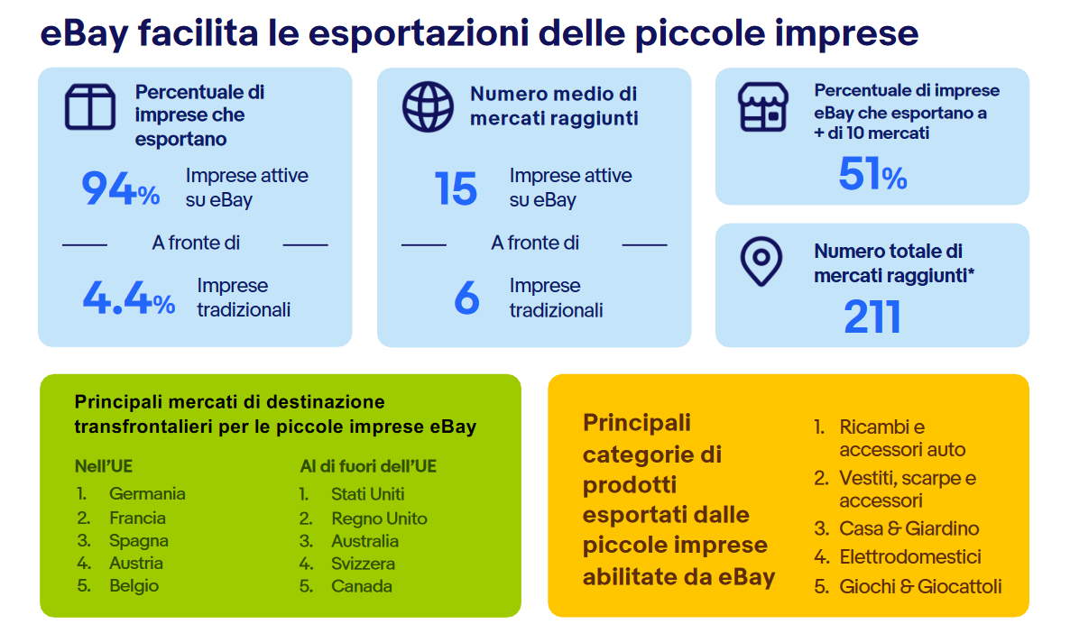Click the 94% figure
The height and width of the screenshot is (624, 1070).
click(x=121, y=188)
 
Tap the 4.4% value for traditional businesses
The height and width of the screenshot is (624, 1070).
click(x=129, y=298)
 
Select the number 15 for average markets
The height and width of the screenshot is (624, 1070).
click(x=456, y=188)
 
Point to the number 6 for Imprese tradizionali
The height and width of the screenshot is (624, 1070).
click(x=466, y=298)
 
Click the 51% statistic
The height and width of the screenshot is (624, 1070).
click(x=872, y=174)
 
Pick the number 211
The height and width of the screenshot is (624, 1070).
click(x=872, y=317)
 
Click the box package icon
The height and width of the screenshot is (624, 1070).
click(x=90, y=106)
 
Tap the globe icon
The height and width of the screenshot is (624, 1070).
click(x=428, y=107)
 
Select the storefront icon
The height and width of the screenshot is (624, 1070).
click(x=763, y=106)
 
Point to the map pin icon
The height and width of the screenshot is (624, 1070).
click(x=761, y=262)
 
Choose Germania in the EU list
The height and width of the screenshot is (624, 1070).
click(x=147, y=494)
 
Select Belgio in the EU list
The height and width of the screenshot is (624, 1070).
click(x=134, y=586)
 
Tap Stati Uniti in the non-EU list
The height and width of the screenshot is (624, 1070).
click(x=368, y=494)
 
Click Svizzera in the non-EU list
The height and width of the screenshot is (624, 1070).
click(x=363, y=564)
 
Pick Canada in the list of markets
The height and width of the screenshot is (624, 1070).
click(x=362, y=586)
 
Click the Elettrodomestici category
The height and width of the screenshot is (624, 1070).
click(x=910, y=557)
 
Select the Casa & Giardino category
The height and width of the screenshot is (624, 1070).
click(x=909, y=528)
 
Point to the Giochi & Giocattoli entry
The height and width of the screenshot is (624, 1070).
click(x=920, y=586)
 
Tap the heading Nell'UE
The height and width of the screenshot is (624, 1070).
click(x=104, y=466)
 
